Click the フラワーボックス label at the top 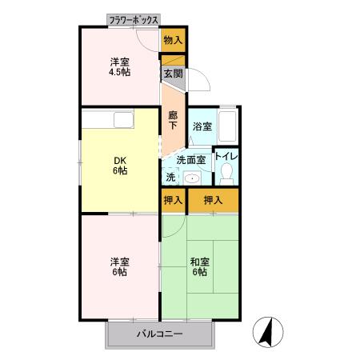point(134,19)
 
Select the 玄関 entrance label point(173,74)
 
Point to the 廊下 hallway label point(173,119)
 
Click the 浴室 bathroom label point(202,126)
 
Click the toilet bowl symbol point(227,172)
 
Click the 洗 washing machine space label point(170,177)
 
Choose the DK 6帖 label point(118,163)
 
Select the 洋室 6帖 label point(118,266)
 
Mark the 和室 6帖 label point(200,266)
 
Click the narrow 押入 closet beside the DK point(173,200)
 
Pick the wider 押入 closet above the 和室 point(213,200)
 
